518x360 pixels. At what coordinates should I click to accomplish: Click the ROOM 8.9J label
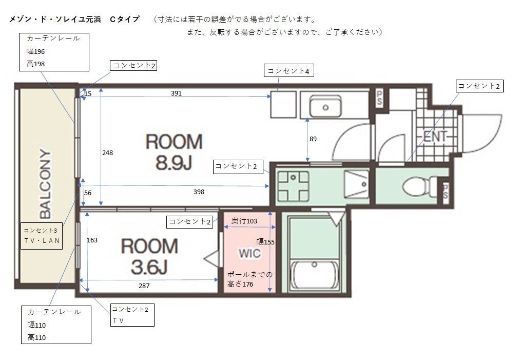(174, 151)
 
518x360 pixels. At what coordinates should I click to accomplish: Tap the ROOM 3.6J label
(149, 256)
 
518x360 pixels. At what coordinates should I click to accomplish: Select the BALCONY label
(46, 184)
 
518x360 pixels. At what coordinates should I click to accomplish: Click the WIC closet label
(250, 254)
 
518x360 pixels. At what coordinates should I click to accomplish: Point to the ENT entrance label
(435, 136)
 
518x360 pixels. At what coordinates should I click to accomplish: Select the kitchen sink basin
(325, 106)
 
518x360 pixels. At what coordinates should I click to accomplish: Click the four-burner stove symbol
(293, 186)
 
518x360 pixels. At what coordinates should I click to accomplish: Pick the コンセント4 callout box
(289, 71)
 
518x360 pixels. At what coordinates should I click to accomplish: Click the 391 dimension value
(176, 93)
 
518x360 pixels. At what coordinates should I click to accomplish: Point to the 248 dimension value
(107, 153)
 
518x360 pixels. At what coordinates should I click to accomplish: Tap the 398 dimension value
(199, 192)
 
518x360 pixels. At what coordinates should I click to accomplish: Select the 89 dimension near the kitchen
(313, 139)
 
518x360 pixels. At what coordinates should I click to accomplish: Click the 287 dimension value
(144, 286)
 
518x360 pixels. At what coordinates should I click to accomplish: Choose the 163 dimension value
(92, 240)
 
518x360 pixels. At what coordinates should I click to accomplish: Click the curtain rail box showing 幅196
(54, 52)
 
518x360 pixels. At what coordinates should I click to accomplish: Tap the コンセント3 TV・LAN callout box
(42, 236)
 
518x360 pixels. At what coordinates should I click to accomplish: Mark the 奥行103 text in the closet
(244, 221)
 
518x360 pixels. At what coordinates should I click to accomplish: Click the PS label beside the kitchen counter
(379, 98)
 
